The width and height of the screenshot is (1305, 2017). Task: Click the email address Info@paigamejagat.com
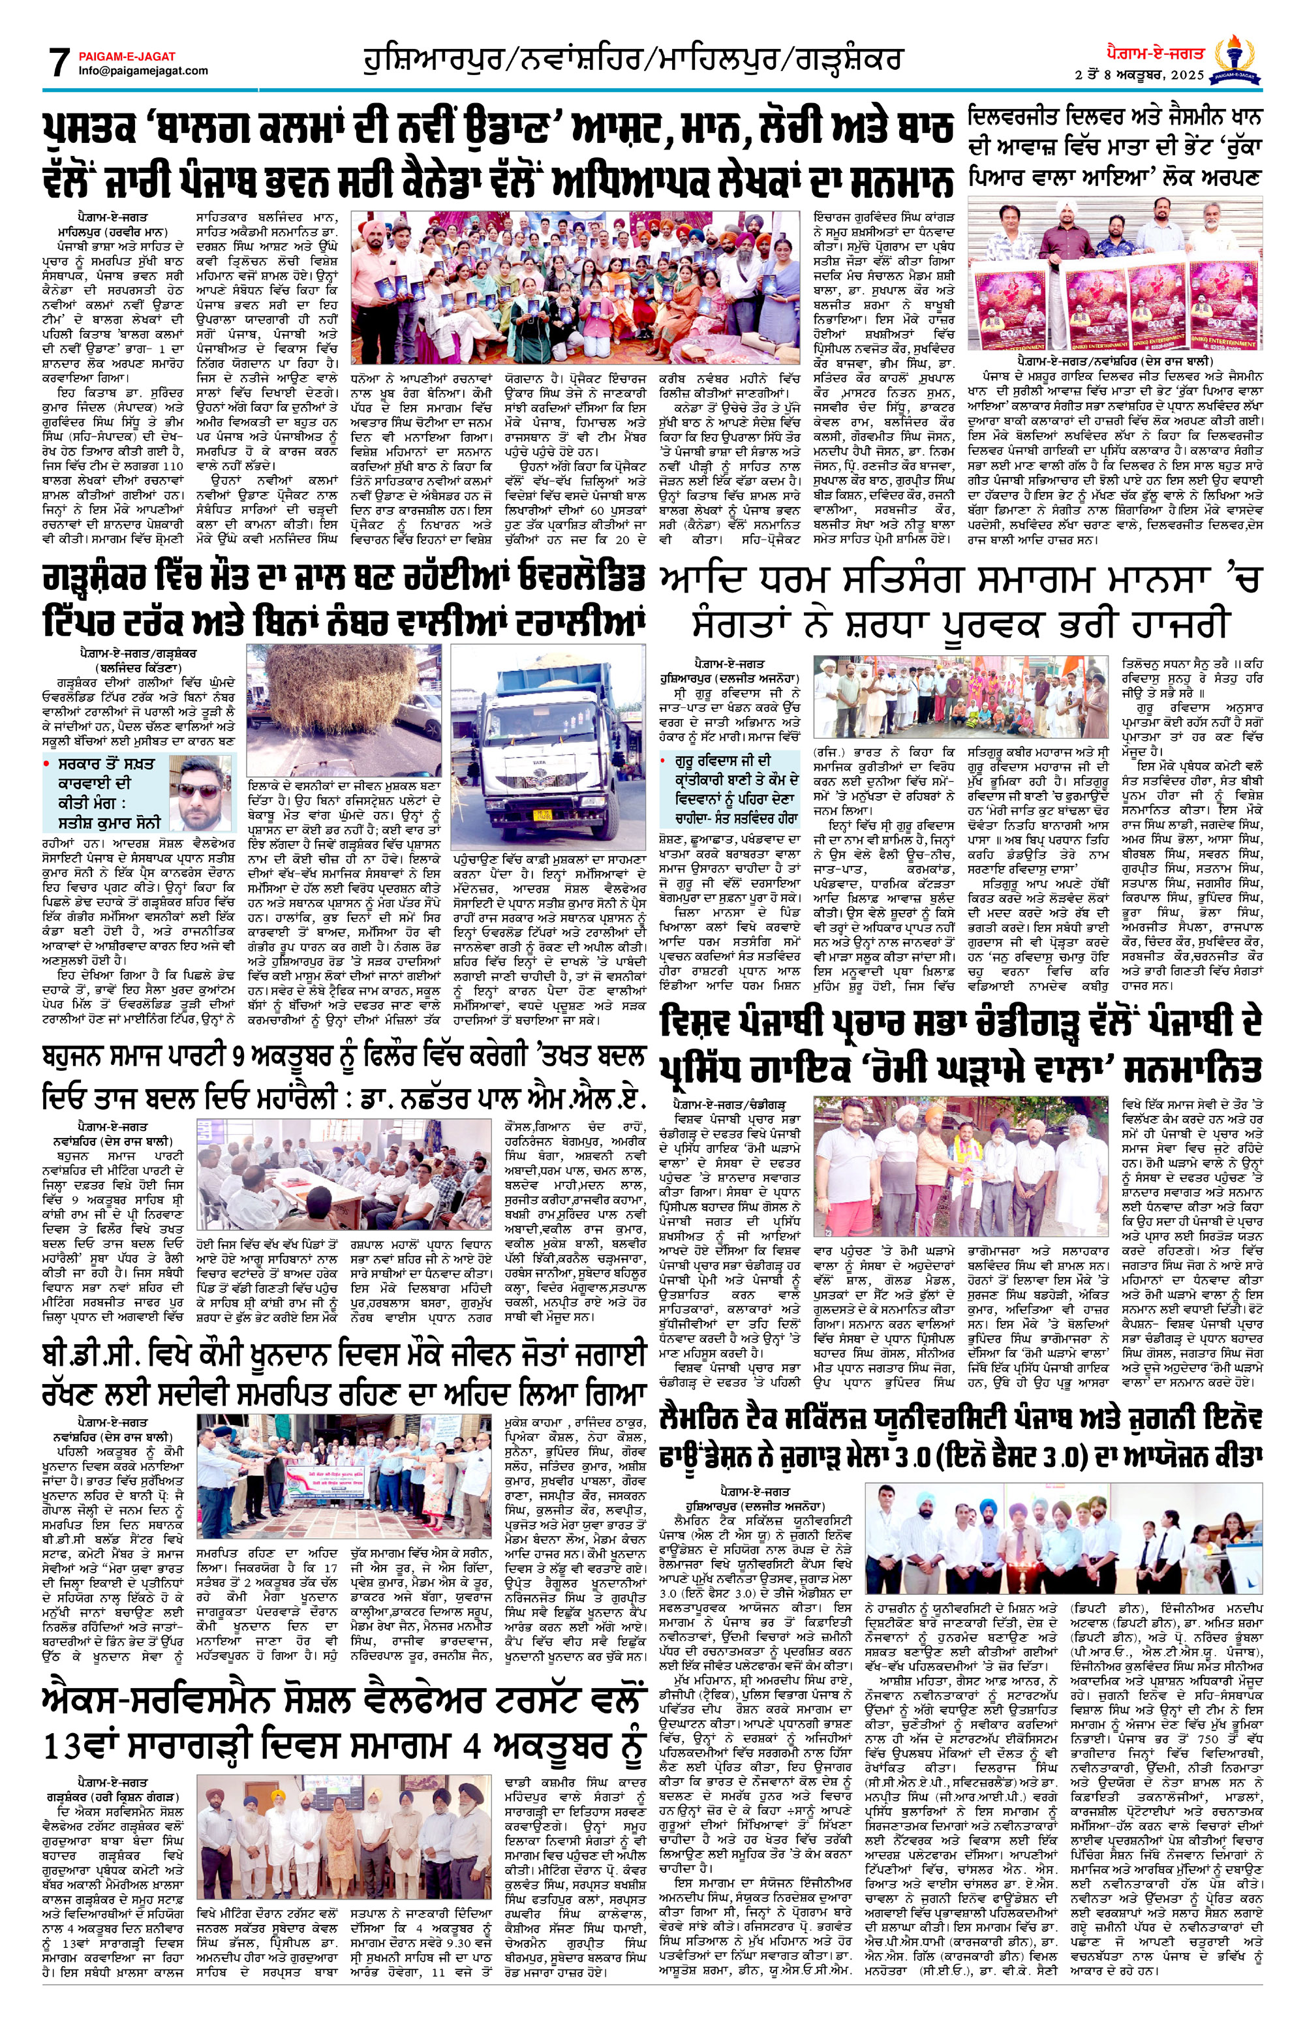click(143, 70)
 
